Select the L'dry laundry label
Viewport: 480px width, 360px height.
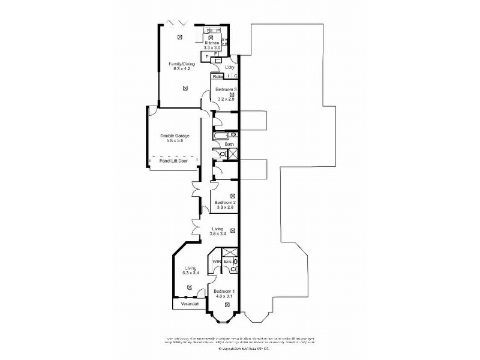pyautogui.click(x=229, y=67)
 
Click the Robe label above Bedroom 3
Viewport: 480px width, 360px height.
pyautogui.click(x=217, y=76)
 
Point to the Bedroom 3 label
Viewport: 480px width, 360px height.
pyautogui.click(x=226, y=89)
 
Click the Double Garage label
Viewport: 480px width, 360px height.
pyautogui.click(x=175, y=136)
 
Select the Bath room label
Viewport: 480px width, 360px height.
pyautogui.click(x=229, y=145)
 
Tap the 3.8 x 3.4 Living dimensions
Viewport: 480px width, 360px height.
pyautogui.click(x=218, y=234)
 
